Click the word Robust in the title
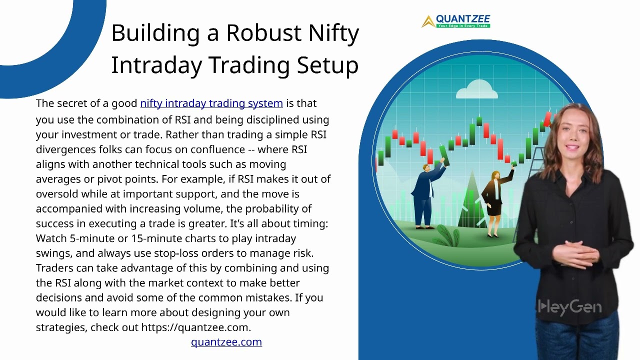(263, 32)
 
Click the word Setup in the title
(327, 65)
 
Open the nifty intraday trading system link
(211, 103)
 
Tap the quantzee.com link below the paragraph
(226, 342)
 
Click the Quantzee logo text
(463, 19)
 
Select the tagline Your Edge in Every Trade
(463, 26)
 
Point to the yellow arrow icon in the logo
(428, 21)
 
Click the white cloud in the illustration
(477, 89)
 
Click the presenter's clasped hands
(575, 253)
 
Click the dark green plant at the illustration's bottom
(447, 235)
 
